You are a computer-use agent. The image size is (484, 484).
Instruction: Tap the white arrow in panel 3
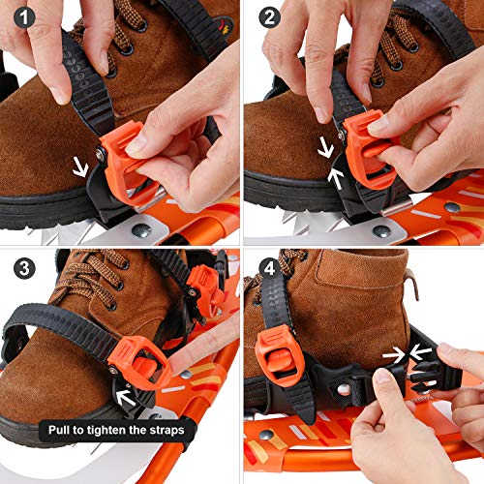coord(123,395)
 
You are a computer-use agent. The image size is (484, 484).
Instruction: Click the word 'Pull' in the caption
coord(66,429)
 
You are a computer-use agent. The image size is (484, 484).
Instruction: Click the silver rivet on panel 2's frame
coord(381,230)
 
